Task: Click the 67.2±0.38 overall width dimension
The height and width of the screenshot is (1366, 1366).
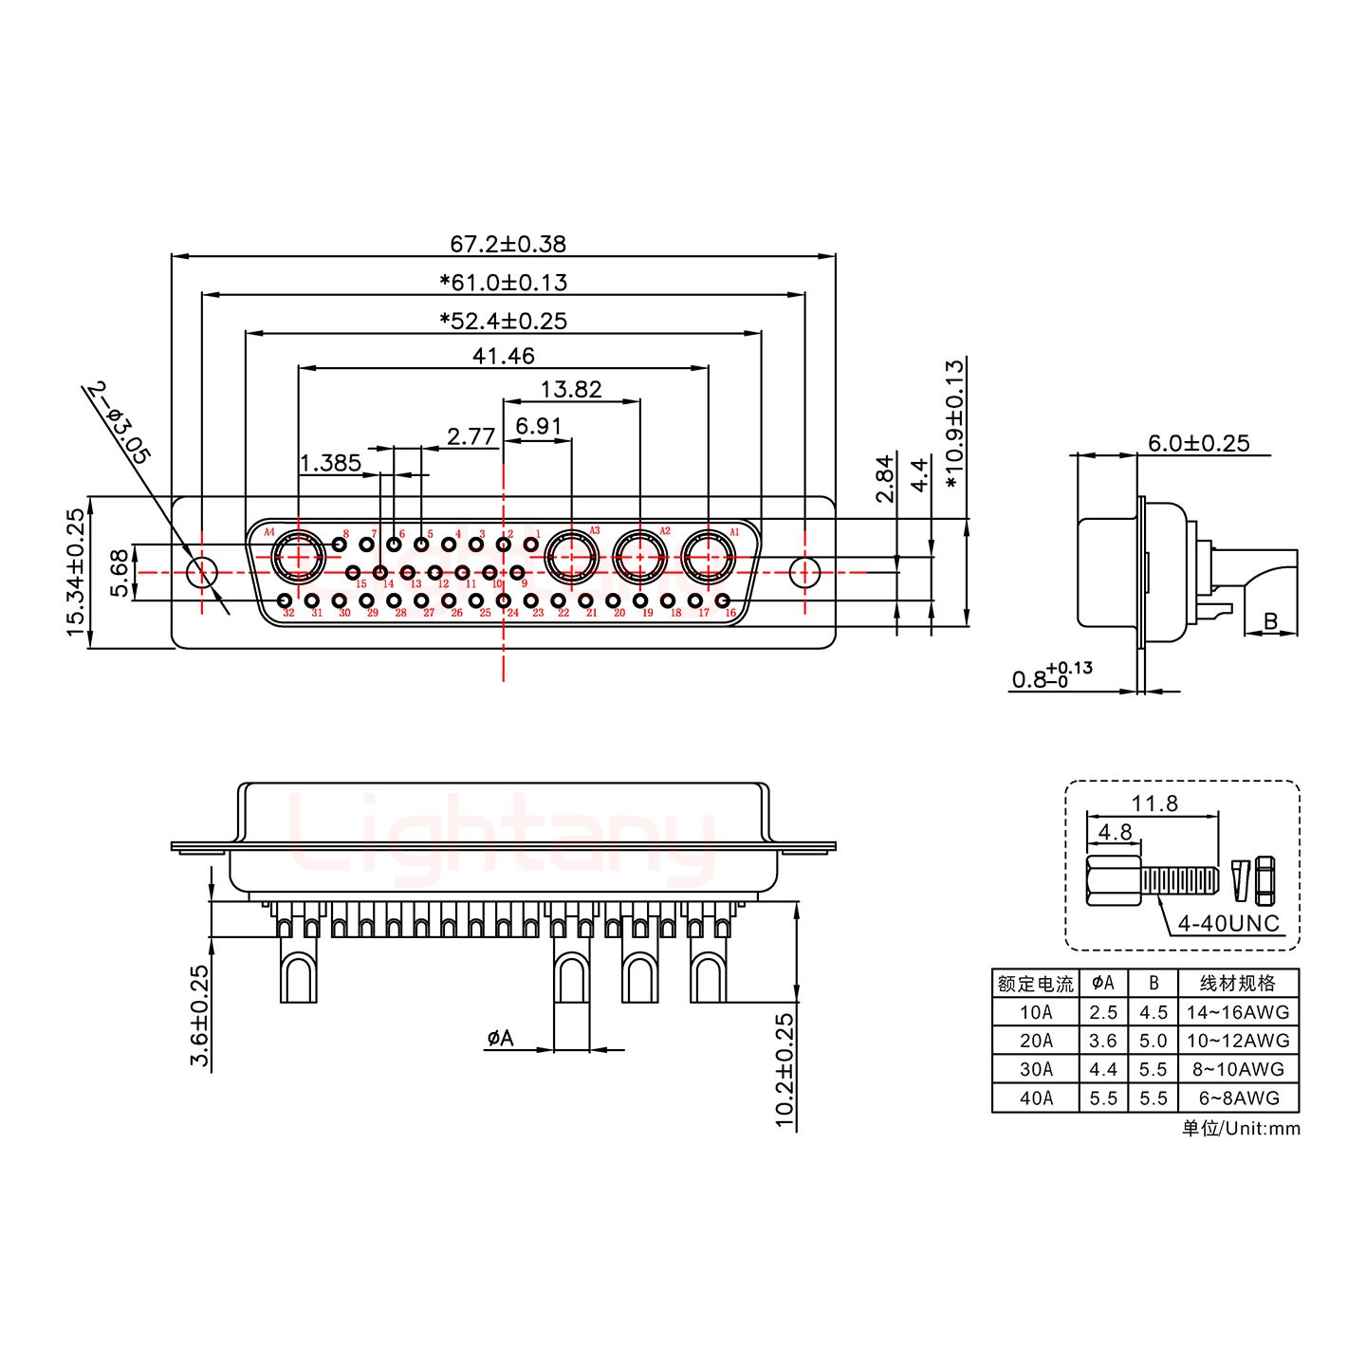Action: coord(508,244)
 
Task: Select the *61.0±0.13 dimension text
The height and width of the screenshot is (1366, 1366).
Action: coord(503,283)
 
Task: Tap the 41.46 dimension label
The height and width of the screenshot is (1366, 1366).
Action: coord(503,356)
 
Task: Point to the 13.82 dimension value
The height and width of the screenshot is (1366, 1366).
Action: coord(571,389)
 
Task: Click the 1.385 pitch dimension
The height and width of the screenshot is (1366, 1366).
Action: coord(330,463)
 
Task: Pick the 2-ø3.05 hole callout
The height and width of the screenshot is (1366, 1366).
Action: coord(119,422)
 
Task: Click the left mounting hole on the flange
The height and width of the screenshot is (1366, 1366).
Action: coord(201,572)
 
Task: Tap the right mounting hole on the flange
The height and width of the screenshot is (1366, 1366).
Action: coord(804,572)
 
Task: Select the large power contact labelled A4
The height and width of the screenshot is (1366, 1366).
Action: coord(297,558)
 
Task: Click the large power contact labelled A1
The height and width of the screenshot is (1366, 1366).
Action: coord(709,558)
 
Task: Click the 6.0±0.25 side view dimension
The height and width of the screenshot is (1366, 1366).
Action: coord(1199,443)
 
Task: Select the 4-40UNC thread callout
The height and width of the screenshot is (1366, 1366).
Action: coord(1228,923)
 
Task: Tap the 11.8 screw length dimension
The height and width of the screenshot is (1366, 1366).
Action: coord(1154,803)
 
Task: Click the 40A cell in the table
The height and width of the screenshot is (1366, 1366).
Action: coord(1036,1098)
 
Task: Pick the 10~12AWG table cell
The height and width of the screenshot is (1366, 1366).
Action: coord(1238,1041)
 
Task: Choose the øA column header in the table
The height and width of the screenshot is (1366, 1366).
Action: coord(1103,983)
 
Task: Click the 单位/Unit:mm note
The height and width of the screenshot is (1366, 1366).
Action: coord(1241,1128)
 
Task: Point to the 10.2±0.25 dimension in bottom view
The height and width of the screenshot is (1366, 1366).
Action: coord(785,1070)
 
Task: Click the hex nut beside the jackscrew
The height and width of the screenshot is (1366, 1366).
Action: coord(1264,881)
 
